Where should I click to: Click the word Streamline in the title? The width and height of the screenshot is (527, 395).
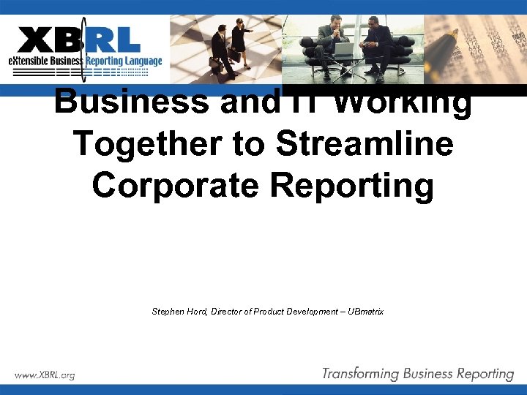365,144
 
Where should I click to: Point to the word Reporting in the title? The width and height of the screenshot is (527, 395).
352,185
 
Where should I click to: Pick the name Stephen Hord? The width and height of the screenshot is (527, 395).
179,312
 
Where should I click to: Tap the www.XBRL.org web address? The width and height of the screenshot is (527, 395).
45,375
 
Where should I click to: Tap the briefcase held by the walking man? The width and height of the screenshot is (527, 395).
215,64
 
